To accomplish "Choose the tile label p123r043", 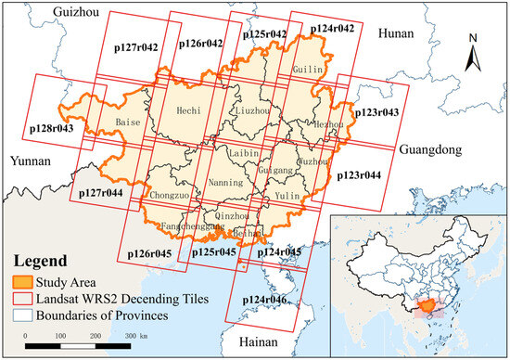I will [x=377, y=112].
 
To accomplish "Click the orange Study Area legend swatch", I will [x=23, y=282].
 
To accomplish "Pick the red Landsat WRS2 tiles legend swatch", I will [x=23, y=298].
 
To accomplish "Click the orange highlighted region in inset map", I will [x=427, y=303].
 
